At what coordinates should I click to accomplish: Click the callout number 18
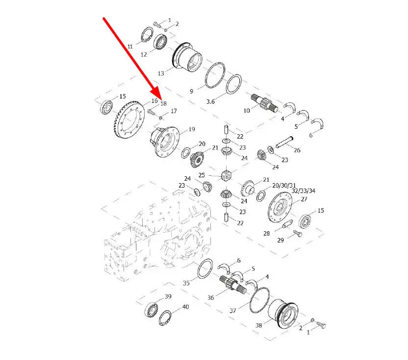point(163,104)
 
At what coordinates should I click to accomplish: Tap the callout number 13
point(161,73)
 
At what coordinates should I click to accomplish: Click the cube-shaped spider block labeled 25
point(226,175)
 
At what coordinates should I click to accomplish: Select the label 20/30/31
point(284,185)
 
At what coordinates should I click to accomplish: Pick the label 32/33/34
point(304,191)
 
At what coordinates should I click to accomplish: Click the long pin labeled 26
point(284,142)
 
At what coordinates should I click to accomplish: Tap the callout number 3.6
point(210,101)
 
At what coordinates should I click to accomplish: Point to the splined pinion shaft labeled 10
point(264,103)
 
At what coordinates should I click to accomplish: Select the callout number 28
point(266,234)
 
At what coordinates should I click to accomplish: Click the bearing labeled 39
point(152,310)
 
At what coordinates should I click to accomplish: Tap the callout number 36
point(210,297)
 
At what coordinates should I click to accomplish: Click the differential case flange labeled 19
point(165,142)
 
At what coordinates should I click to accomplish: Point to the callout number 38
point(258,325)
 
